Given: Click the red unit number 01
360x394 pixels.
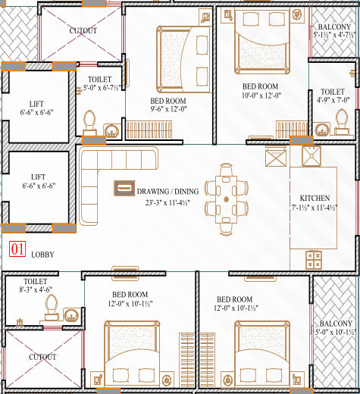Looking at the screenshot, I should (x=17, y=248).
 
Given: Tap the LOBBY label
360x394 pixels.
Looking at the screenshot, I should (x=42, y=255).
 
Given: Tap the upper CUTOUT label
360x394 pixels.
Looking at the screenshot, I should (x=83, y=30).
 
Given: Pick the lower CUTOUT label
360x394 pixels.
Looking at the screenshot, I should (x=42, y=357).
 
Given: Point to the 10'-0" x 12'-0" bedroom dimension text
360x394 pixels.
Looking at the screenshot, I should (x=260, y=96).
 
